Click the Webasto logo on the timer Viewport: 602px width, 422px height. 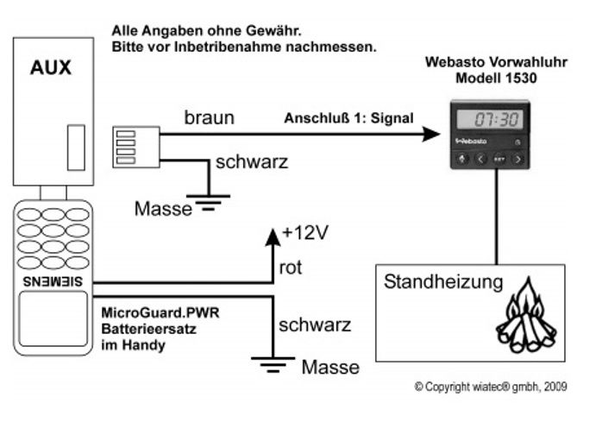coord(469,140)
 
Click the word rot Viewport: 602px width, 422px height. coord(290,269)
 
